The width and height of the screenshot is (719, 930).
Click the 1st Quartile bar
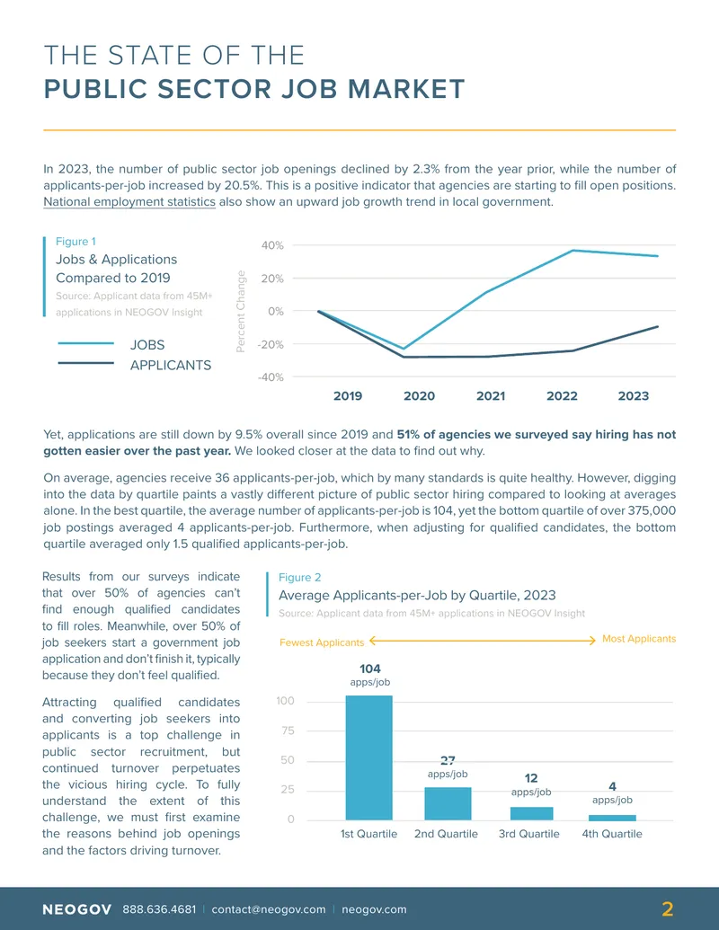[x=369, y=757]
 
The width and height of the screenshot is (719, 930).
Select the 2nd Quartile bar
[x=448, y=803]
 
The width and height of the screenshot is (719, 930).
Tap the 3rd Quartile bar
[x=531, y=813]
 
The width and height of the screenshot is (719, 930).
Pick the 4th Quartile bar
[x=612, y=818]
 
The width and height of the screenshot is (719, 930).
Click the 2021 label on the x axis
[x=491, y=395]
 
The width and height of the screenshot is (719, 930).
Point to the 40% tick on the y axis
[x=272, y=245]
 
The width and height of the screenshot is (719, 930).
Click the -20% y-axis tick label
[x=271, y=344]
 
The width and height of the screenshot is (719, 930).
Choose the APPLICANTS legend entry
[x=135, y=365]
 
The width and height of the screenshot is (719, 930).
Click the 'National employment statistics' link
[x=129, y=201]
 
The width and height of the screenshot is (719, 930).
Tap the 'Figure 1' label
[x=75, y=242]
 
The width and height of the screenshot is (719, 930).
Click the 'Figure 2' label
[x=299, y=577]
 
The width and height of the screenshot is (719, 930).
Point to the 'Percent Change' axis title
[x=241, y=312]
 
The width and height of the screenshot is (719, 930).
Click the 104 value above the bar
[x=370, y=669]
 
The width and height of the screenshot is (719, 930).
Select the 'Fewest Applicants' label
[x=322, y=642]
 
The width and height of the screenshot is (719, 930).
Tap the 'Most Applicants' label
[x=639, y=639]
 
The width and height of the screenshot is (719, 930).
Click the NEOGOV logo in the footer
[x=77, y=909]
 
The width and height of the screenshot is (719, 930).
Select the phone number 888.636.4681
[x=159, y=909]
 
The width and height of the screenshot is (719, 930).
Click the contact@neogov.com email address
[x=269, y=909]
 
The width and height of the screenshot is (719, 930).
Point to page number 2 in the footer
[x=668, y=909]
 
